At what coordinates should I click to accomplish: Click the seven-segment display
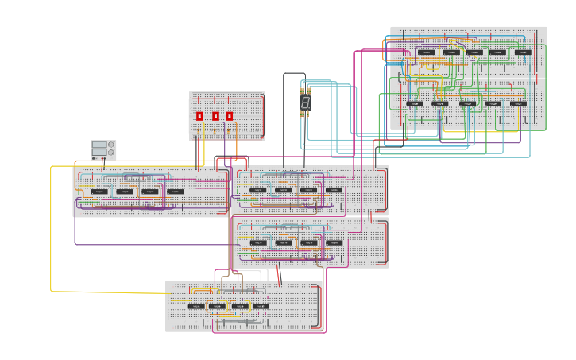pos(305,103)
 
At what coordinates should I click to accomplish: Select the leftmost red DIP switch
pos(199,116)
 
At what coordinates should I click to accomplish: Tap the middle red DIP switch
pos(215,116)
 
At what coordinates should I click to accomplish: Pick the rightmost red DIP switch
pos(230,116)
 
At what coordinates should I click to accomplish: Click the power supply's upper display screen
pos(99,145)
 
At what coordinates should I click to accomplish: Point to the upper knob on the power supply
pos(111,145)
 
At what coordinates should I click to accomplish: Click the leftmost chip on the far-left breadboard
pos(99,192)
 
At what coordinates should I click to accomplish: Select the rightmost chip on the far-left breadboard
pos(175,192)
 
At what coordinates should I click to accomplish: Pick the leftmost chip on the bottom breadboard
pos(195,306)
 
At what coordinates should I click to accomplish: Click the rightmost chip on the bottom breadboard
pos(261,306)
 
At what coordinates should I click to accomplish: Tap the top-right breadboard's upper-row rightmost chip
pos(523,52)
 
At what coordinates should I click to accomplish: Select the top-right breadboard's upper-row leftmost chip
pos(427,52)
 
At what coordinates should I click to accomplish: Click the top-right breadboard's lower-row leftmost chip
pos(415,103)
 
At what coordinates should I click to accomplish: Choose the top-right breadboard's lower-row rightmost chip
pos(518,103)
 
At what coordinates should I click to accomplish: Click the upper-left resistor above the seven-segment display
pos(302,91)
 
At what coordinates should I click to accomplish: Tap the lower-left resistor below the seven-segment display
pos(302,114)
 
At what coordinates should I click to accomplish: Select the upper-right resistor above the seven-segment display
pos(308,91)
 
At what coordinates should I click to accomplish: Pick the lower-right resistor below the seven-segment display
pos(308,114)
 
